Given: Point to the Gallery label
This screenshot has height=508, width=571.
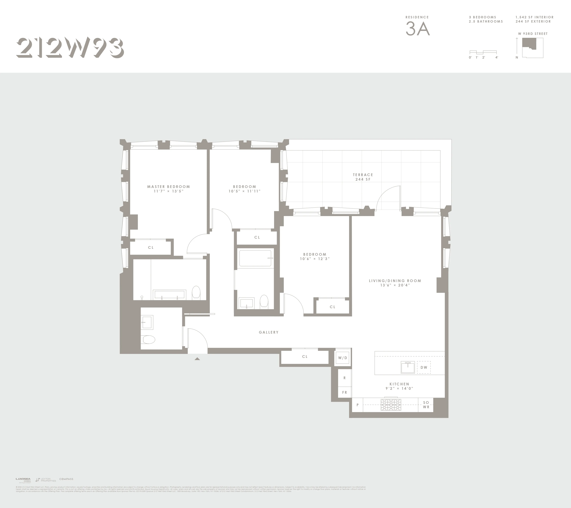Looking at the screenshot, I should tap(268, 332).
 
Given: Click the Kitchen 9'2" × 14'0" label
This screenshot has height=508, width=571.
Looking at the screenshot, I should tap(399, 386).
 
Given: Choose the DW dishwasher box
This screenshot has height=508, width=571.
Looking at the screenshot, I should tap(424, 367).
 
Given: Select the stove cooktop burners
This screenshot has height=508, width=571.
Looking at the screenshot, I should tap(391, 405).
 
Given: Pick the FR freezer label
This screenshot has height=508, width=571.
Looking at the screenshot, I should tap(344, 392).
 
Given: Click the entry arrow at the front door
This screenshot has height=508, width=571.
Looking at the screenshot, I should tap(197, 359).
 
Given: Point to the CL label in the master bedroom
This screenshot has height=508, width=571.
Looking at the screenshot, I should tap(151, 247).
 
